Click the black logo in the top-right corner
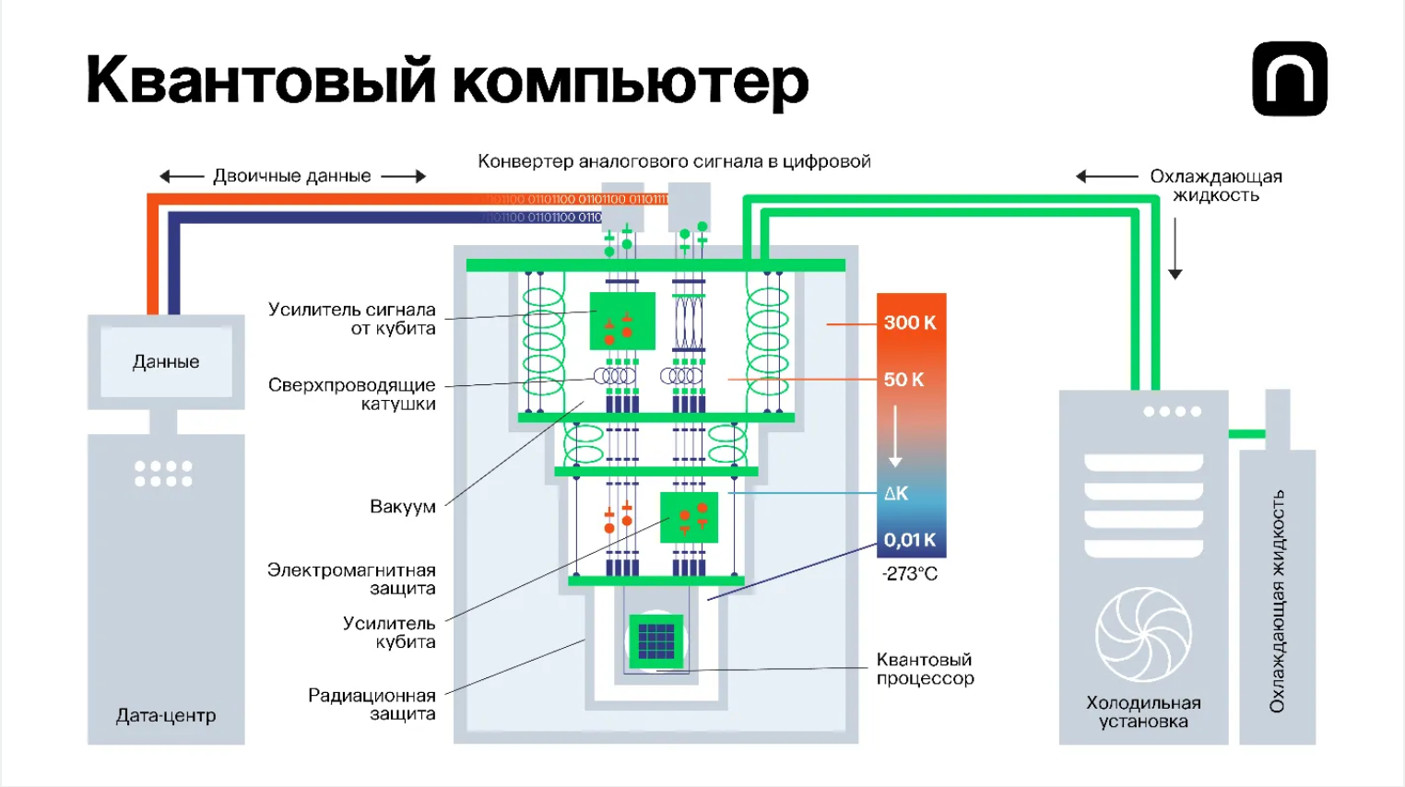click(1289, 78)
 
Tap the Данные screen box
click(166, 361)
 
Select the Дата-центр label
click(166, 715)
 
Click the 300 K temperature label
click(909, 323)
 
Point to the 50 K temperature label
click(903, 380)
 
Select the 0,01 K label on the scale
click(909, 540)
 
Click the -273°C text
click(909, 573)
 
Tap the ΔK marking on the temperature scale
click(896, 493)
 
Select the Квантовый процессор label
click(925, 669)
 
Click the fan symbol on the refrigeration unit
click(1143, 634)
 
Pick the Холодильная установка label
click(1143, 711)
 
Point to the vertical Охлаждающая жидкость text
click(1277, 601)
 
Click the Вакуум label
click(403, 506)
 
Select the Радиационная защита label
click(372, 704)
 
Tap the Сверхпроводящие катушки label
click(352, 393)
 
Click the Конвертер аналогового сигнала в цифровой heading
click(674, 161)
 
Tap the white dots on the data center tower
click(163, 473)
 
